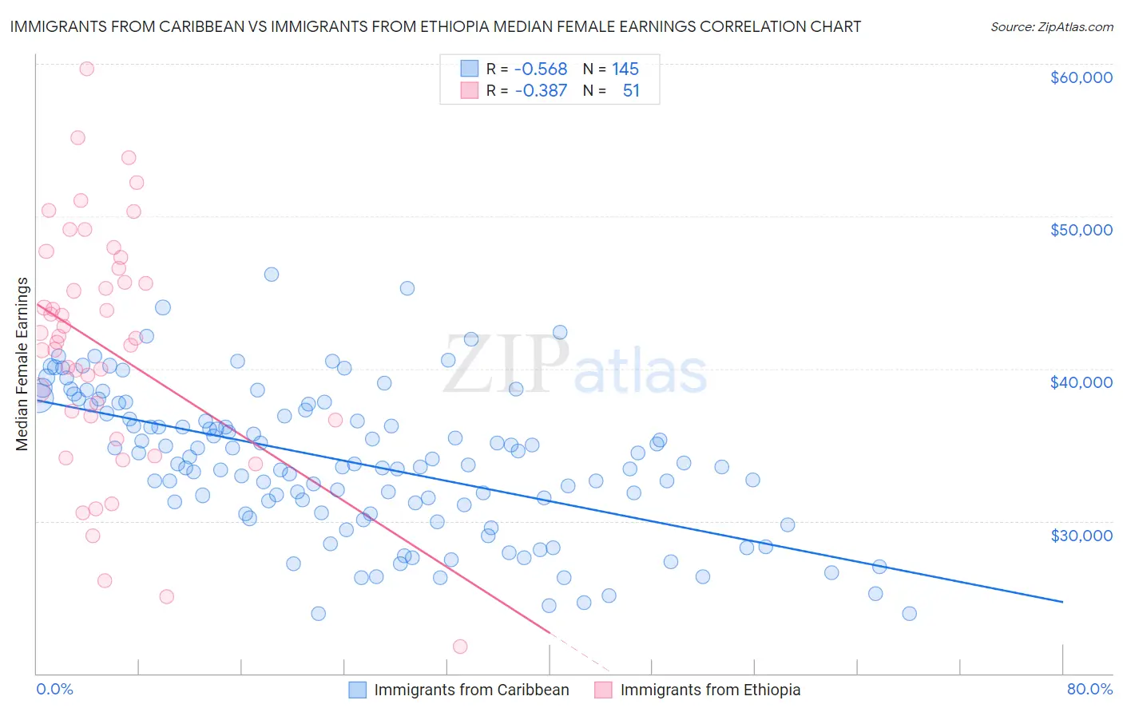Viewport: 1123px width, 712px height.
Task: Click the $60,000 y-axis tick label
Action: pos(1081,77)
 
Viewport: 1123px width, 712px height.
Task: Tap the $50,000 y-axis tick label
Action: pos(1081,230)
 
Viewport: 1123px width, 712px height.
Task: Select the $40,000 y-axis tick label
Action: pos(1081,382)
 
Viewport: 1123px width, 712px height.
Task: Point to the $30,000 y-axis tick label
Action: pos(1081,535)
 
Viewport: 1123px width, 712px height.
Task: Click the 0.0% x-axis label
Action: pos(54,689)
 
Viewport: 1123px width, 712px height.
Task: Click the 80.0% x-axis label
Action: pos(1089,689)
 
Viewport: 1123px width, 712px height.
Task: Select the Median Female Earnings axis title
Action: pos(22,364)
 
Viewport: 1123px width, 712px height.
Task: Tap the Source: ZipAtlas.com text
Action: pos(1052,26)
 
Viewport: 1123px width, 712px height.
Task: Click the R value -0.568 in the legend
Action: pos(541,69)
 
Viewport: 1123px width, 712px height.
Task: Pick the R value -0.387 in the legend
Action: pos(541,91)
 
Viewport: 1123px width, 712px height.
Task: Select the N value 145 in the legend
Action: pos(625,69)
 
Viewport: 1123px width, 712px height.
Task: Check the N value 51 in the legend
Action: pos(631,91)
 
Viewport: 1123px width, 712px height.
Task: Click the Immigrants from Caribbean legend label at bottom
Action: pos(471,690)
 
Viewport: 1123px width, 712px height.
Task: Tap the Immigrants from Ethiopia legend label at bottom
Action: pos(710,690)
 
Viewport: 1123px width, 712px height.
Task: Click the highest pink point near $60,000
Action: pos(87,69)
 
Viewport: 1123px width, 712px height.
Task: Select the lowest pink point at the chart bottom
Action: pos(460,647)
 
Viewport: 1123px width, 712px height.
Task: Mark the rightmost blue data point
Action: pos(909,614)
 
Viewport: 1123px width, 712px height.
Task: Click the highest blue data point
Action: pos(272,275)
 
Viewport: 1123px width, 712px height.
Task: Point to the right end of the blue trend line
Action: pos(1062,601)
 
